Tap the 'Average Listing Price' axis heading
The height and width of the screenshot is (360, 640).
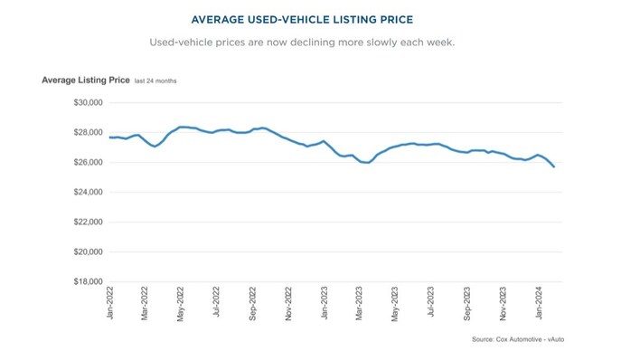pos(85,81)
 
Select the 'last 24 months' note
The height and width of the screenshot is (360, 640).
pos(155,81)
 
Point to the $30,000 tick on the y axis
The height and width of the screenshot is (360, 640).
pos(88,103)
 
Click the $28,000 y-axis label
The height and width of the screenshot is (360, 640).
pos(88,133)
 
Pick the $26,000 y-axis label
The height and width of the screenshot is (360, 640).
pos(88,163)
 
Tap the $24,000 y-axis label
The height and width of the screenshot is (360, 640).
pos(88,193)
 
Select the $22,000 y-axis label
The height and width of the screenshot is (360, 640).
pos(88,223)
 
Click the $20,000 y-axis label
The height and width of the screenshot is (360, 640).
pos(88,252)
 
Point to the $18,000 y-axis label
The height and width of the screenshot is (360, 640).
pos(88,282)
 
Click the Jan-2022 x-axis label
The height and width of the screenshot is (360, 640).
pos(109,305)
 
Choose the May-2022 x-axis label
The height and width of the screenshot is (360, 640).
pos(181,305)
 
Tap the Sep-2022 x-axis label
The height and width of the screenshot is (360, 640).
pos(252,305)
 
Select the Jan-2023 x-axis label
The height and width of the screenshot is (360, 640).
pos(324,305)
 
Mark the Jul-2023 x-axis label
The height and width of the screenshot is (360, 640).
pos(431,305)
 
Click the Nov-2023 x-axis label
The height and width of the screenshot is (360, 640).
pos(503,305)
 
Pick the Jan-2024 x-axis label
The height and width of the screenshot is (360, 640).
pos(539,305)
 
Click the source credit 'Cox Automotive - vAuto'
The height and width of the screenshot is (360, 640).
pos(523,340)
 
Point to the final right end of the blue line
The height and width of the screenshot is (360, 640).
pos(553,166)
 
